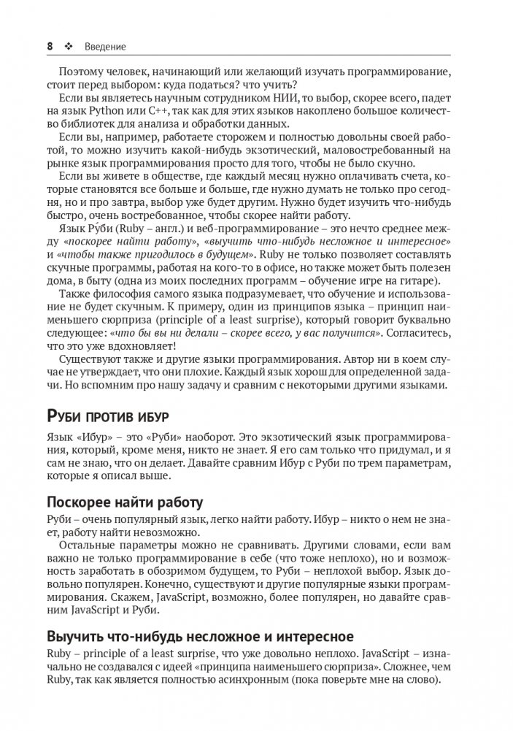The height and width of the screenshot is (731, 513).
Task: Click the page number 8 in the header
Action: coord(50,47)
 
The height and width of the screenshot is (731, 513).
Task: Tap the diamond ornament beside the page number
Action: coord(70,47)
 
